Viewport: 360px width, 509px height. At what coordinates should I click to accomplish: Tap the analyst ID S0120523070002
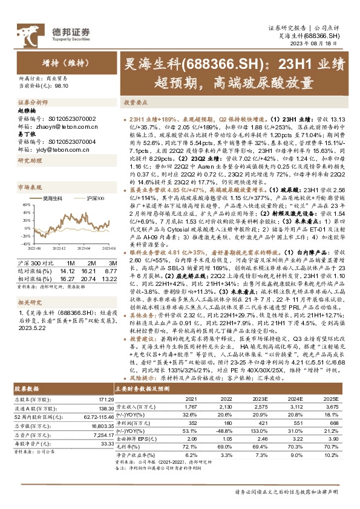pyautogui.click(x=68, y=120)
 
